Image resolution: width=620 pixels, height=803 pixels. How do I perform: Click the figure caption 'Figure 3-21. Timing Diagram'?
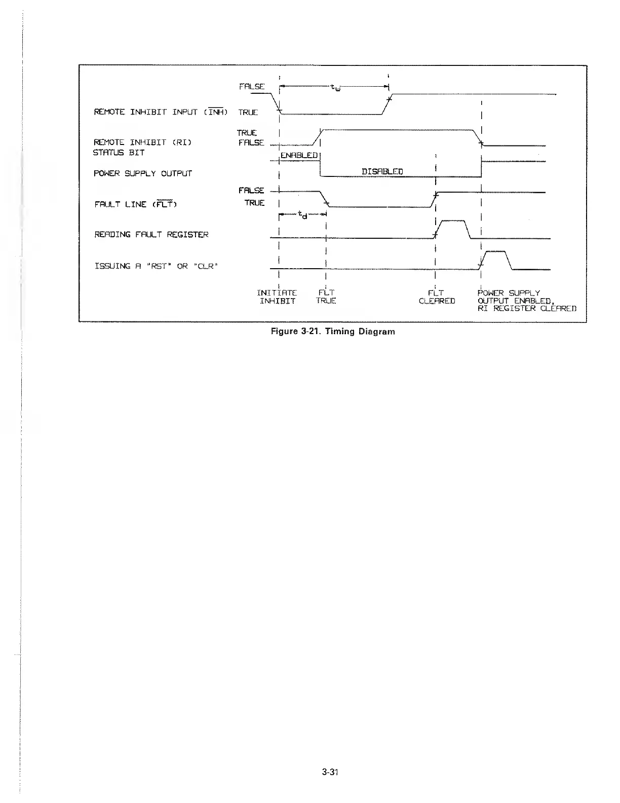point(333,332)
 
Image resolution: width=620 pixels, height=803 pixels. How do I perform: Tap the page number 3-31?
point(329,772)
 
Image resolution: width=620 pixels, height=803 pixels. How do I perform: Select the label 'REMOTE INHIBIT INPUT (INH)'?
point(161,112)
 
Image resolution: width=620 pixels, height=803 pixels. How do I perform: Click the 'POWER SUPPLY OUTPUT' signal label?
point(143,173)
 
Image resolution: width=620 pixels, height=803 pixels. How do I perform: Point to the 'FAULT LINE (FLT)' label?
point(135,204)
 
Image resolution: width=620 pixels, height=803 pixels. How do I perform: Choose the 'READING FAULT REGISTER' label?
point(151,235)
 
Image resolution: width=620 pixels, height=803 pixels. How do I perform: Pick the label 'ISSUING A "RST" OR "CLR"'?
point(156,266)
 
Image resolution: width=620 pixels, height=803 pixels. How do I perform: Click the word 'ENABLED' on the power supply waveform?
point(299,155)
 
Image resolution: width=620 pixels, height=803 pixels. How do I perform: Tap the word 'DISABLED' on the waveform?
point(382,171)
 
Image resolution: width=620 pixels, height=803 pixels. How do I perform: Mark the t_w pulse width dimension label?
point(335,88)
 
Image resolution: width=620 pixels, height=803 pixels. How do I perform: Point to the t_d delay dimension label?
point(302,215)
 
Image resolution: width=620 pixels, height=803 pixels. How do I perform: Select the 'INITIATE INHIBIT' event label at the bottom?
point(277,297)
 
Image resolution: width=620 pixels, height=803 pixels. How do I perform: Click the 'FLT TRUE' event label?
point(326,297)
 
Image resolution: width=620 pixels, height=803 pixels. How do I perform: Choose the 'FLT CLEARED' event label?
point(437,297)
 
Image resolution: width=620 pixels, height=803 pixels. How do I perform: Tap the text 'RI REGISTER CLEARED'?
point(527,308)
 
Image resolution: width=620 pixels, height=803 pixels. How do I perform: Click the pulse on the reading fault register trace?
point(453,228)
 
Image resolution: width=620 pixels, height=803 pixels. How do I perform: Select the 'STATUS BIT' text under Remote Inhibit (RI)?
point(119,153)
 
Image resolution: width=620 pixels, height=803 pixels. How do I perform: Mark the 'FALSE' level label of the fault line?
point(251,190)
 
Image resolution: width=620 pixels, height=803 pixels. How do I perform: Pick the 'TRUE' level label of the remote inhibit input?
point(248,112)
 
